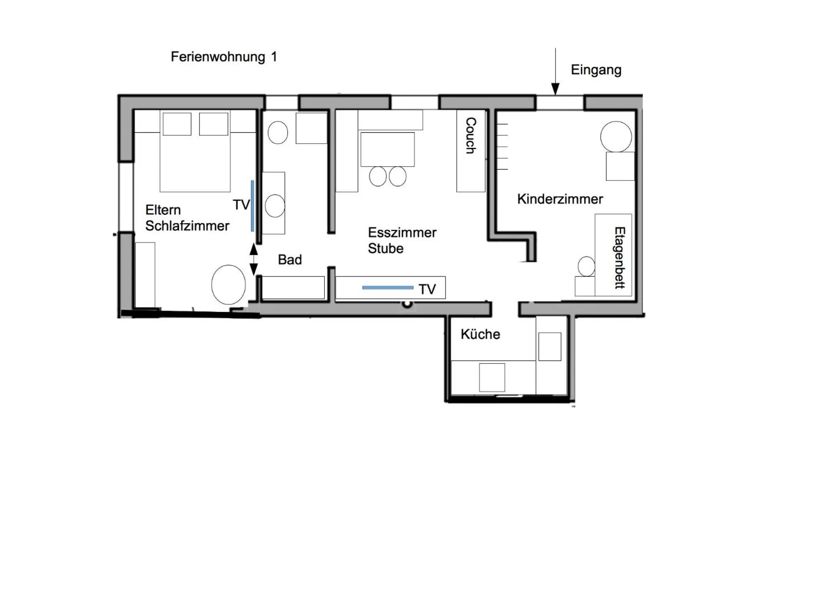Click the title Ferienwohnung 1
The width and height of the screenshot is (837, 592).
point(224,57)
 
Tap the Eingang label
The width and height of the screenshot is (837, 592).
point(595,70)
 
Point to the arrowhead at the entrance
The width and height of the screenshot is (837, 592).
point(555,89)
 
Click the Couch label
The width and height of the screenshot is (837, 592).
point(471,135)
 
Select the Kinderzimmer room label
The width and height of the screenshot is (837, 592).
point(560,199)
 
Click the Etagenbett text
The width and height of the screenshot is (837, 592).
point(619,257)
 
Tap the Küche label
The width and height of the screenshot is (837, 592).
point(480,335)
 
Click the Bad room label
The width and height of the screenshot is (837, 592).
point(290,260)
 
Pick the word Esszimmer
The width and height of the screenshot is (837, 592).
point(402,233)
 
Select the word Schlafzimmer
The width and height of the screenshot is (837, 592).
point(187,226)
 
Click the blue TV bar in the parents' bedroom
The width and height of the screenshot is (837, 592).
point(252,206)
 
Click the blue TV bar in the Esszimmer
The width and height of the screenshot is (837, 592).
point(387,288)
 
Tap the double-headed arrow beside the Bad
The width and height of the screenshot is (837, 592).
point(253,259)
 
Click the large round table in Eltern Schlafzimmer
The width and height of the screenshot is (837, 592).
point(228,285)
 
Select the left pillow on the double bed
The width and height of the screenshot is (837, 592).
point(177,124)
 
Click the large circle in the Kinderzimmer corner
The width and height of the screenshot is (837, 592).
point(616,136)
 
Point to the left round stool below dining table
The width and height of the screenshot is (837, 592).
point(378,176)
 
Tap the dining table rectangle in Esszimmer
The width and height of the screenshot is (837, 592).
point(387,149)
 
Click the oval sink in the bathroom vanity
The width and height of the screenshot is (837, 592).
point(275,206)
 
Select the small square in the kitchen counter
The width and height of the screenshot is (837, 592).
point(492,377)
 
